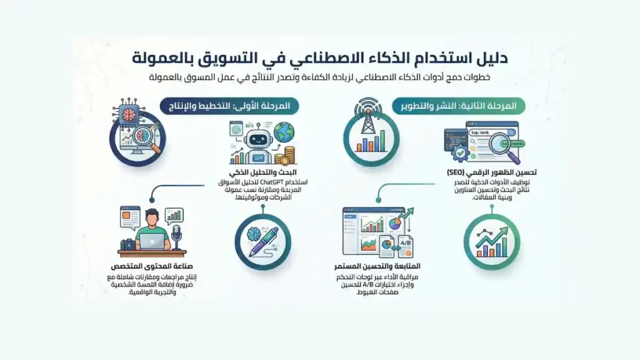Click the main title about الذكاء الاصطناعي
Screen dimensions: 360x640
click(320, 58)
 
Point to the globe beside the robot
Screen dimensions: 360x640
click(284, 132)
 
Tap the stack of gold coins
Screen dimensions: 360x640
click(288, 155)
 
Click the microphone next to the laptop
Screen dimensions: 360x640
click(176, 235)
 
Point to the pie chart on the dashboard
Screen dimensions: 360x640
click(394, 222)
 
